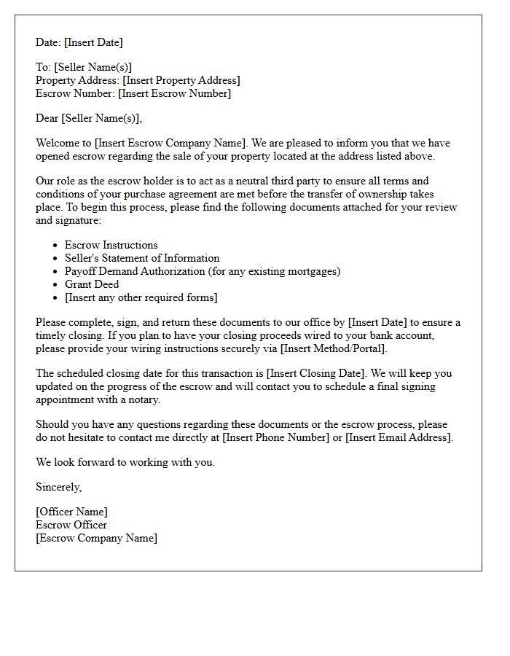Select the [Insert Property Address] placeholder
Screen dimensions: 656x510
(181, 80)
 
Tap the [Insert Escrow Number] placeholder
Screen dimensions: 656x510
(174, 93)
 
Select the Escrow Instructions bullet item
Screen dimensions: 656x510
(111, 245)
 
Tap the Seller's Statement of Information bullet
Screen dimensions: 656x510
(141, 258)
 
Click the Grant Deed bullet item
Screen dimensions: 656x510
(91, 284)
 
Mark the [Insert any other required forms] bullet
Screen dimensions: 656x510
(141, 297)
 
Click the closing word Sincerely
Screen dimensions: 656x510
(58, 487)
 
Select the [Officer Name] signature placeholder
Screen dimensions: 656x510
(71, 512)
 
